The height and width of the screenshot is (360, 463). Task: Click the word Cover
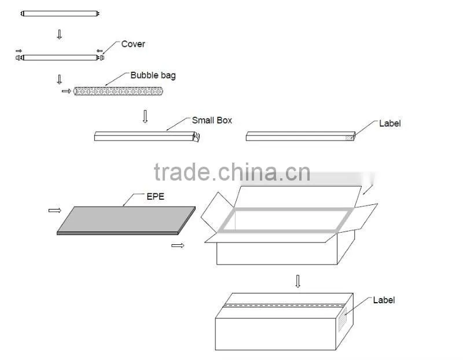click(133, 44)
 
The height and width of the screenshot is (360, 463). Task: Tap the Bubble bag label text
click(153, 75)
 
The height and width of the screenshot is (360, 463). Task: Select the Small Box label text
click(212, 120)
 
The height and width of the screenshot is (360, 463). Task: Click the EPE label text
click(155, 196)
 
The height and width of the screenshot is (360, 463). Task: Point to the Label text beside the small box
click(389, 123)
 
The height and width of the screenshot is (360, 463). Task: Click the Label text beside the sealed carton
click(384, 300)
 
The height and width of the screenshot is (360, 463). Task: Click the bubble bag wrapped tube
click(118, 91)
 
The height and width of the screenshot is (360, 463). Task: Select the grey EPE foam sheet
click(126, 221)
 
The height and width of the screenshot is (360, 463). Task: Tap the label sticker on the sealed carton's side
click(343, 319)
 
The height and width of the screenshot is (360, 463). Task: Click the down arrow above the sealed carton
click(297, 281)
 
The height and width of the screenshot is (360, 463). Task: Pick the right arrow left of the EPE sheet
click(54, 210)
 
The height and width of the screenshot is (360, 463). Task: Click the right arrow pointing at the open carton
click(178, 245)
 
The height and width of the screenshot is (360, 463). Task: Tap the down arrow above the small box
click(145, 116)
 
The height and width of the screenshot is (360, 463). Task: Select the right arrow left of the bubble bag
click(67, 91)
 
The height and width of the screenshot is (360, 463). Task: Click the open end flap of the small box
click(196, 137)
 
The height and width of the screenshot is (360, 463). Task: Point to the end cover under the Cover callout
click(102, 57)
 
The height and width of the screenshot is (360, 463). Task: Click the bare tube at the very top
click(60, 13)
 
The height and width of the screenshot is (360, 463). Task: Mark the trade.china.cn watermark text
click(232, 172)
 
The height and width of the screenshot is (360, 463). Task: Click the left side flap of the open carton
click(217, 212)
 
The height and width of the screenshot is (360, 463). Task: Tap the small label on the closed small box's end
click(350, 138)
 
